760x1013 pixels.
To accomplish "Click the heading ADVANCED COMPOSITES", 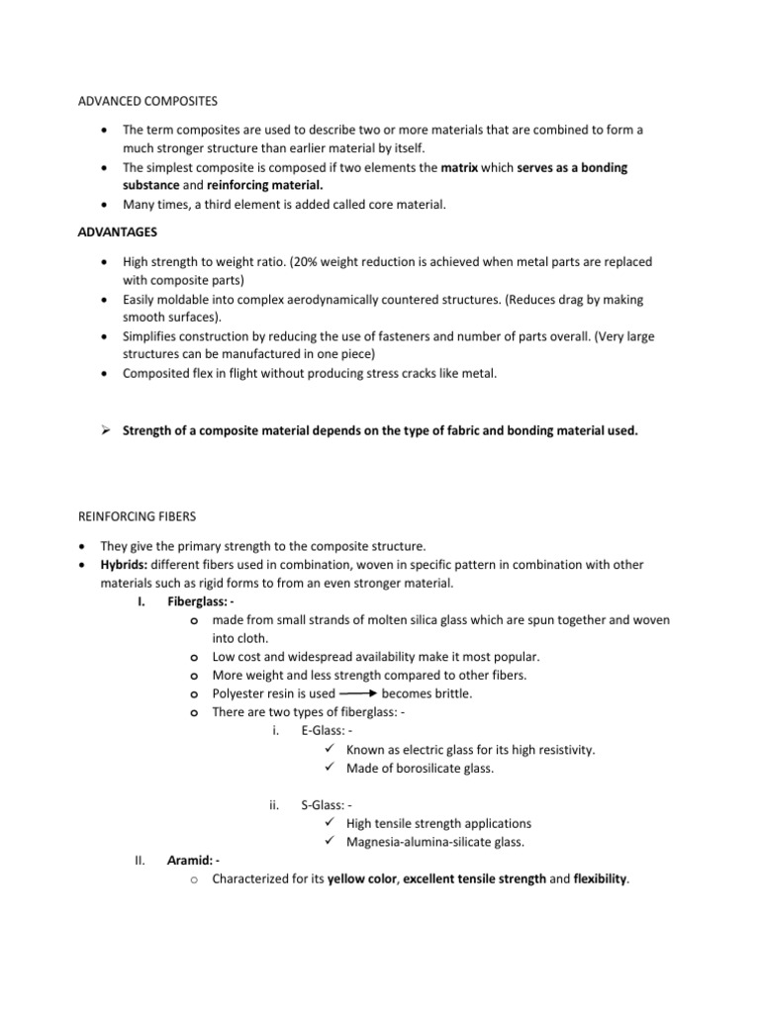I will pyautogui.click(x=147, y=101).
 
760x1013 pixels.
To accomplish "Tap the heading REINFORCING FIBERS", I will pyautogui.click(x=138, y=516).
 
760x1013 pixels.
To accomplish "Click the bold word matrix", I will pyautogui.click(x=459, y=168).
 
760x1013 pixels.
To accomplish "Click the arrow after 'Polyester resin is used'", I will pyautogui.click(x=359, y=693).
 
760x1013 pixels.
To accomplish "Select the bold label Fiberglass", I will pyautogui.click(x=200, y=600).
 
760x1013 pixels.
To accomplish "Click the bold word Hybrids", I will pyautogui.click(x=124, y=564).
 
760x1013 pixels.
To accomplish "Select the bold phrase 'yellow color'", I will pyautogui.click(x=362, y=879).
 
